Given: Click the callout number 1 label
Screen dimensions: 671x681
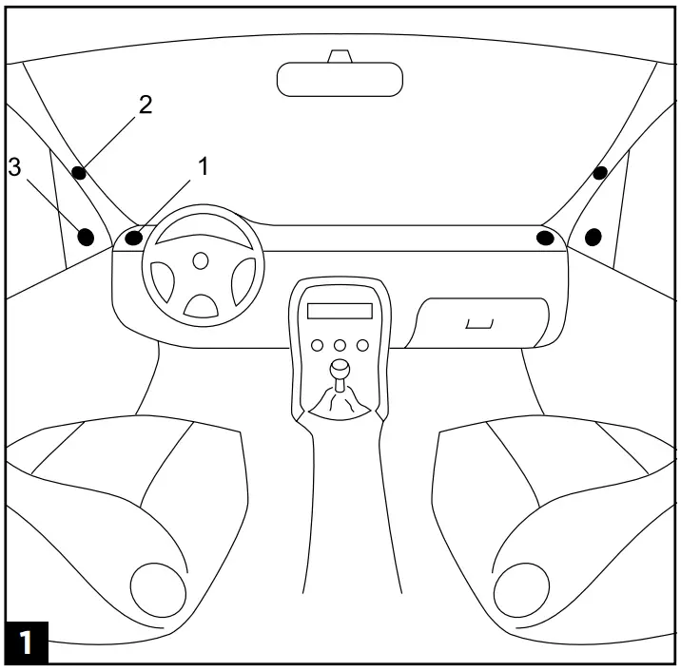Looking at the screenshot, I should pyautogui.click(x=202, y=166).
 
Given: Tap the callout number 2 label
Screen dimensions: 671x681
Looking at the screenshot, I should pyautogui.click(x=146, y=105).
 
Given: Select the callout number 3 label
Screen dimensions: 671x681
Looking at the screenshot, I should pyautogui.click(x=14, y=168).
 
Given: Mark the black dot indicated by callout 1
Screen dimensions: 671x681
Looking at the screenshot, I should pyautogui.click(x=134, y=237).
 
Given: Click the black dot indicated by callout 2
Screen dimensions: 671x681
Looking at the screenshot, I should pyautogui.click(x=79, y=173).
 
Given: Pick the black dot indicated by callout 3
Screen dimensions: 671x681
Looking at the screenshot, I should pyautogui.click(x=86, y=237).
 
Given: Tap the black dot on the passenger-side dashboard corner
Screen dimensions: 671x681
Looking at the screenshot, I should pyautogui.click(x=545, y=237).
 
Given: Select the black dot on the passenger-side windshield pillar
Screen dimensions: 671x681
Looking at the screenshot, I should pyautogui.click(x=600, y=173).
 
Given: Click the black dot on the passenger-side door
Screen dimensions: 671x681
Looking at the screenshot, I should pyautogui.click(x=594, y=236).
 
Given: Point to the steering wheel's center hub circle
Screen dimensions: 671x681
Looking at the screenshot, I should pyautogui.click(x=200, y=259).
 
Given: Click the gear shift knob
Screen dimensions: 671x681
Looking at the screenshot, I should pyautogui.click(x=340, y=369).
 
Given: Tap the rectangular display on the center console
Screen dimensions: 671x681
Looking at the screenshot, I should pyautogui.click(x=340, y=311).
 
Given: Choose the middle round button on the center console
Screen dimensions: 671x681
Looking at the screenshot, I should pyautogui.click(x=340, y=345).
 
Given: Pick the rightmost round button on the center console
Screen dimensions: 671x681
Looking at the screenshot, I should pyautogui.click(x=361, y=345).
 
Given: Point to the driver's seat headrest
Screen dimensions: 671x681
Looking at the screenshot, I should pyautogui.click(x=159, y=589).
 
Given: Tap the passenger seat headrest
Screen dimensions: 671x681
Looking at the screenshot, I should pyautogui.click(x=521, y=589).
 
